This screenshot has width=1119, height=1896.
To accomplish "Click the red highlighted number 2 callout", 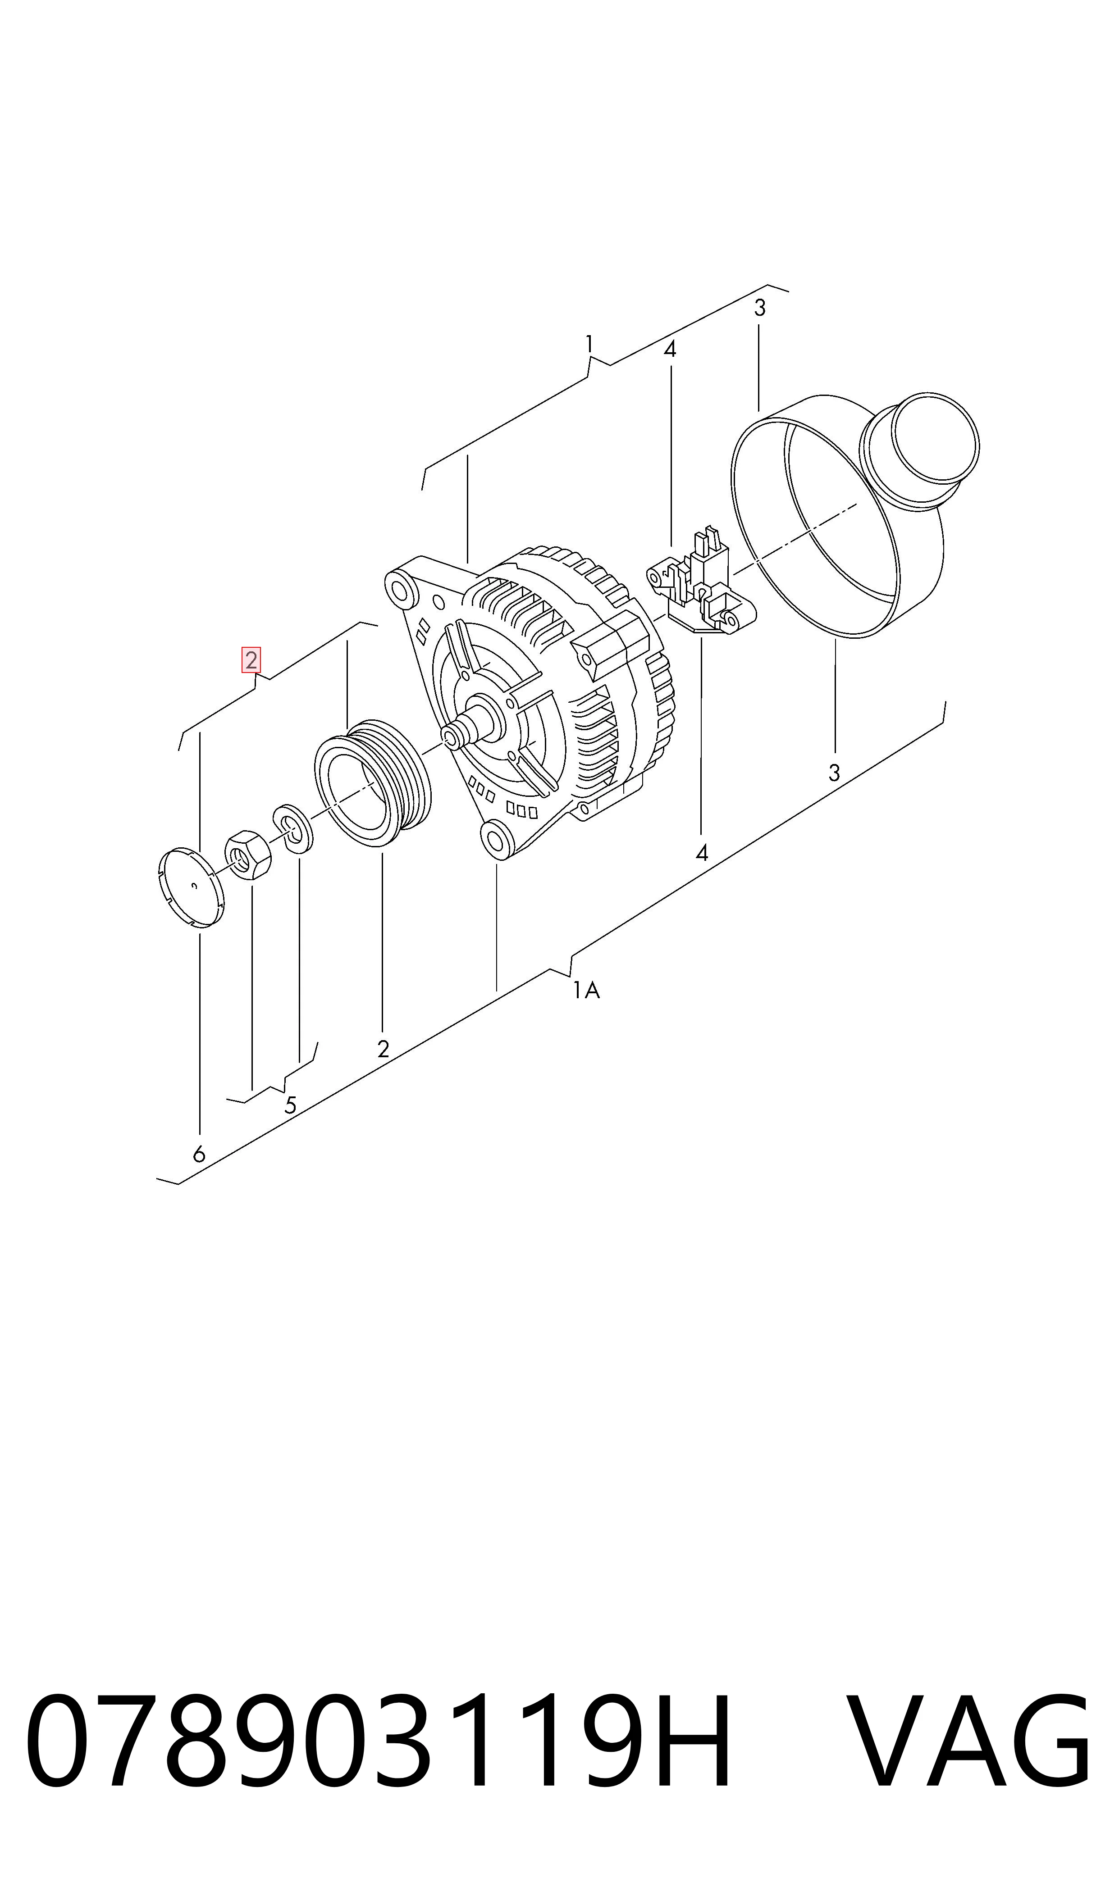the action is pyautogui.click(x=251, y=659).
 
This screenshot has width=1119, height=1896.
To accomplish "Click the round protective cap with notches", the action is pyautogui.click(x=193, y=887).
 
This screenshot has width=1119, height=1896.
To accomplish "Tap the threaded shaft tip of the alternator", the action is pyautogui.click(x=452, y=736).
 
